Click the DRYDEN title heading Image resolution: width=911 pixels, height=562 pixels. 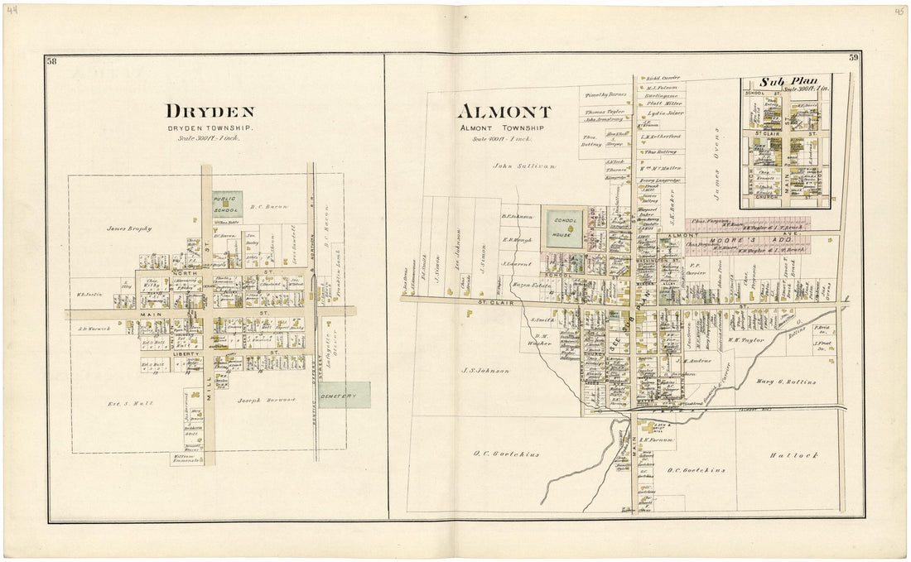pyautogui.click(x=210, y=112)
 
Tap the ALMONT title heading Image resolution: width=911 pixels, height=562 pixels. pyautogui.click(x=504, y=112)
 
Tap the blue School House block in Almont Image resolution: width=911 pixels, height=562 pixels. pyautogui.click(x=564, y=228)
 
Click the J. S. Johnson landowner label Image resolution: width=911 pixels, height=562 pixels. pyautogui.click(x=486, y=370)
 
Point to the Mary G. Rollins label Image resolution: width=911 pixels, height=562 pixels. pyautogui.click(x=786, y=382)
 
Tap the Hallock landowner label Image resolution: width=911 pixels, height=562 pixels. pyautogui.click(x=793, y=455)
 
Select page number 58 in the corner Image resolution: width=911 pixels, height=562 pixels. pyautogui.click(x=52, y=60)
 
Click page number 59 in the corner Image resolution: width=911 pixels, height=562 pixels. pyautogui.click(x=853, y=58)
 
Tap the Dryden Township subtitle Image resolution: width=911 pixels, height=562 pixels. pyautogui.click(x=210, y=128)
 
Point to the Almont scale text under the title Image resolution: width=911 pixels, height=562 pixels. pyautogui.click(x=501, y=138)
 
